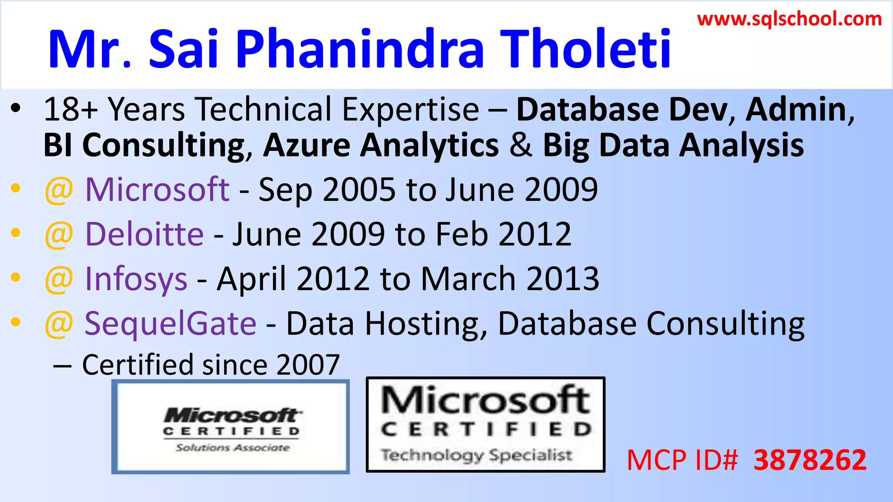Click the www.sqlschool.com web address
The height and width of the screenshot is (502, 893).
pyautogui.click(x=789, y=19)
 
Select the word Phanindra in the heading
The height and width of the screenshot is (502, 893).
pyautogui.click(x=360, y=49)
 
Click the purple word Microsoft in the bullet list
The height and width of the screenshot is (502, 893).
pyautogui.click(x=157, y=190)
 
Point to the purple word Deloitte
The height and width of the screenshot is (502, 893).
pyautogui.click(x=144, y=234)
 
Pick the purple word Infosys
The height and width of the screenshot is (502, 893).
pyautogui.click(x=136, y=279)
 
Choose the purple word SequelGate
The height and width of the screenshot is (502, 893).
pyautogui.click(x=170, y=323)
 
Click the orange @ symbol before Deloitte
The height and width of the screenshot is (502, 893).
pyautogui.click(x=58, y=235)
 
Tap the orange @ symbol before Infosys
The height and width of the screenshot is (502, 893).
pyautogui.click(x=58, y=280)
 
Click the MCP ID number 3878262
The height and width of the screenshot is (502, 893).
pyautogui.click(x=810, y=460)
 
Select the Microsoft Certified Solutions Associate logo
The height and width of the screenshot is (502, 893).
pyautogui.click(x=231, y=427)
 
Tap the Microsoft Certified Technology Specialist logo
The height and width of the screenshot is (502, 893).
pyautogui.click(x=485, y=424)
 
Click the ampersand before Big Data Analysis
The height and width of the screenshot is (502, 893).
pyautogui.click(x=521, y=145)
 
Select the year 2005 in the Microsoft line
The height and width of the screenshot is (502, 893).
pyautogui.click(x=359, y=190)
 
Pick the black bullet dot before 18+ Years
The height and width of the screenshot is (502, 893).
pyautogui.click(x=16, y=109)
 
